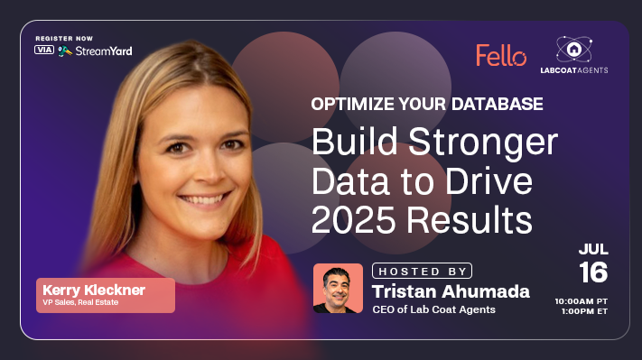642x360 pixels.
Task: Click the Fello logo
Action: point(501,56)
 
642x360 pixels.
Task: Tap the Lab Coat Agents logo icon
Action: point(581,50)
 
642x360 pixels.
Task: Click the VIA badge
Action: point(44,50)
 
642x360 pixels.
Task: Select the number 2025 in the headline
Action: point(351,218)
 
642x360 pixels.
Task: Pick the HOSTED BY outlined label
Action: point(422,271)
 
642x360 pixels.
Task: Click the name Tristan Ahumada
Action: point(451,291)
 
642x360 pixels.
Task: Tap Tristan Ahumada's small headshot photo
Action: point(338,288)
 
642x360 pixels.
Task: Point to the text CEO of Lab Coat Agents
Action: point(433,310)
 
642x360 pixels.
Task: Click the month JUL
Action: point(593,248)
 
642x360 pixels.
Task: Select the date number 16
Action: point(593,272)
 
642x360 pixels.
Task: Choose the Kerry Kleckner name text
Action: point(93,289)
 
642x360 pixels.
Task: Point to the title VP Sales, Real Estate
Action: point(82,303)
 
